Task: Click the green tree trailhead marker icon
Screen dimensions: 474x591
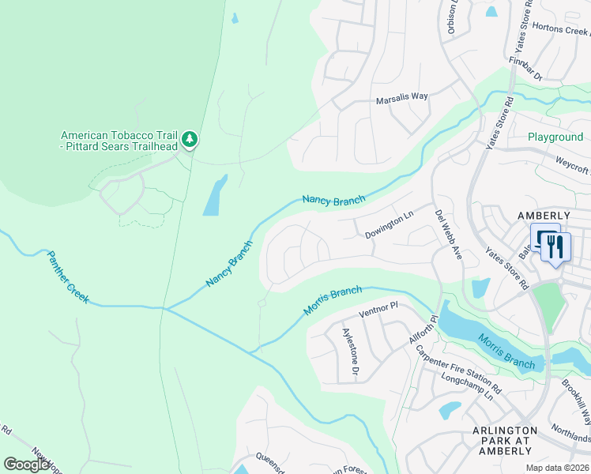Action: [190, 140]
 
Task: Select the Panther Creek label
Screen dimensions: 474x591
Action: [67, 277]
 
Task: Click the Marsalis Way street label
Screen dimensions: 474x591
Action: [401, 96]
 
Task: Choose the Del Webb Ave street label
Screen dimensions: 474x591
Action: [447, 235]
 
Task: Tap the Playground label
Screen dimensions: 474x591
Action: [555, 137]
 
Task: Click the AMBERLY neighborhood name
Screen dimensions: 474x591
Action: [544, 216]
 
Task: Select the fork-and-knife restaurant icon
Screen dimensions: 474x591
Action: [555, 246]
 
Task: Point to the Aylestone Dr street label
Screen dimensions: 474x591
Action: [349, 355]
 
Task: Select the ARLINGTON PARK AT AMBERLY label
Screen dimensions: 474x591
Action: [505, 441]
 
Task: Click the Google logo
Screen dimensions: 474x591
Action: [27, 465]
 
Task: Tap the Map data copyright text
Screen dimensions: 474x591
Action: [559, 468]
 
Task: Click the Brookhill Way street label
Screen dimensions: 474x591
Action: [577, 399]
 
